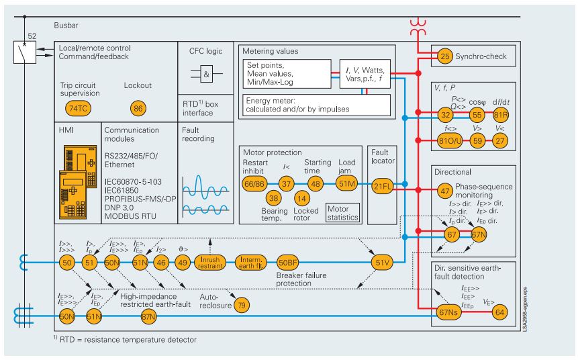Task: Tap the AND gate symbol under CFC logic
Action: pyautogui.click(x=207, y=75)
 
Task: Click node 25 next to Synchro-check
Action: pyautogui.click(x=444, y=56)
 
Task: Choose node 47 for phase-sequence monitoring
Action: pyautogui.click(x=444, y=191)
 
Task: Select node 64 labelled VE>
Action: pyautogui.click(x=499, y=312)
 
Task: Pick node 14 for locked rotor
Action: pyautogui.click(x=302, y=199)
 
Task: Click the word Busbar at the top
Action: pyautogui.click(x=67, y=26)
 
